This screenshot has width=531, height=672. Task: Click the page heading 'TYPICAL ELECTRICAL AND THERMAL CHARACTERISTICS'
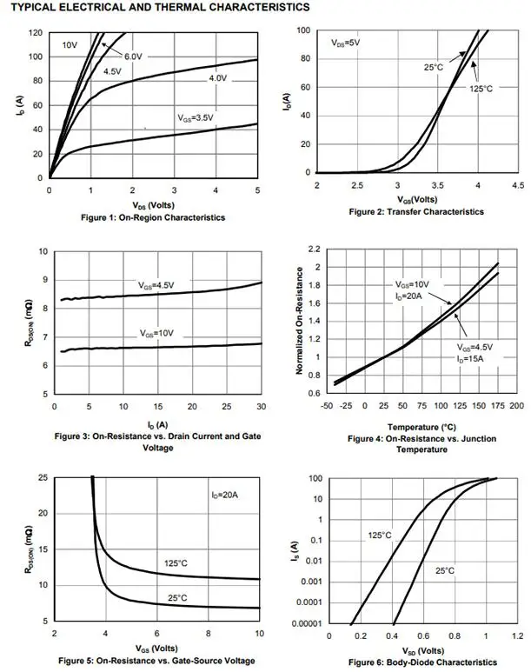[x=159, y=7]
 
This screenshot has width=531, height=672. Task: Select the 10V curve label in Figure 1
[x=70, y=43]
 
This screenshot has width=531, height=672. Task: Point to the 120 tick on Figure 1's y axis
[x=36, y=33]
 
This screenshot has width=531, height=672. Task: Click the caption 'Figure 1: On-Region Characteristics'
[x=152, y=217]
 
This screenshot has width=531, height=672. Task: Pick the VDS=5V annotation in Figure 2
[x=346, y=43]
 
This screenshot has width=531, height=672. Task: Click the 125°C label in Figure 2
[x=481, y=88]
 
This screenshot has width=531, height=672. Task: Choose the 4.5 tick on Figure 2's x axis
[x=518, y=185]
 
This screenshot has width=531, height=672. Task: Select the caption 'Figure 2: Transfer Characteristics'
[x=416, y=211]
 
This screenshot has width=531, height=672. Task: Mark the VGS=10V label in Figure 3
[x=158, y=334]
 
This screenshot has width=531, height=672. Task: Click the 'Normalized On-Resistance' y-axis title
[x=300, y=322]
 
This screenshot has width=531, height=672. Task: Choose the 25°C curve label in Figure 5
[x=177, y=596]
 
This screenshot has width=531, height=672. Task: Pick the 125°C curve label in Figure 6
[x=379, y=535]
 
